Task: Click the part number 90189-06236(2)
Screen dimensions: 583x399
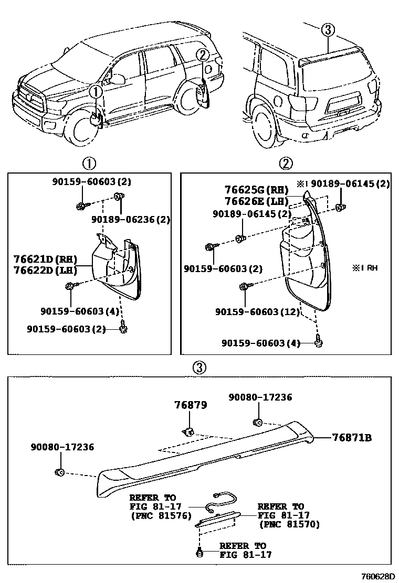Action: click(131, 220)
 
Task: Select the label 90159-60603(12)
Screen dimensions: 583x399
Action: click(257, 312)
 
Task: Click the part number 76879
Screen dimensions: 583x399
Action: click(191, 405)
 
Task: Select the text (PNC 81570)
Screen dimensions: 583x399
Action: click(289, 524)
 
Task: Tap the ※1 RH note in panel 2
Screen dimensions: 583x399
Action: click(364, 267)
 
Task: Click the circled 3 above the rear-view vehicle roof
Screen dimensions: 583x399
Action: click(328, 30)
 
